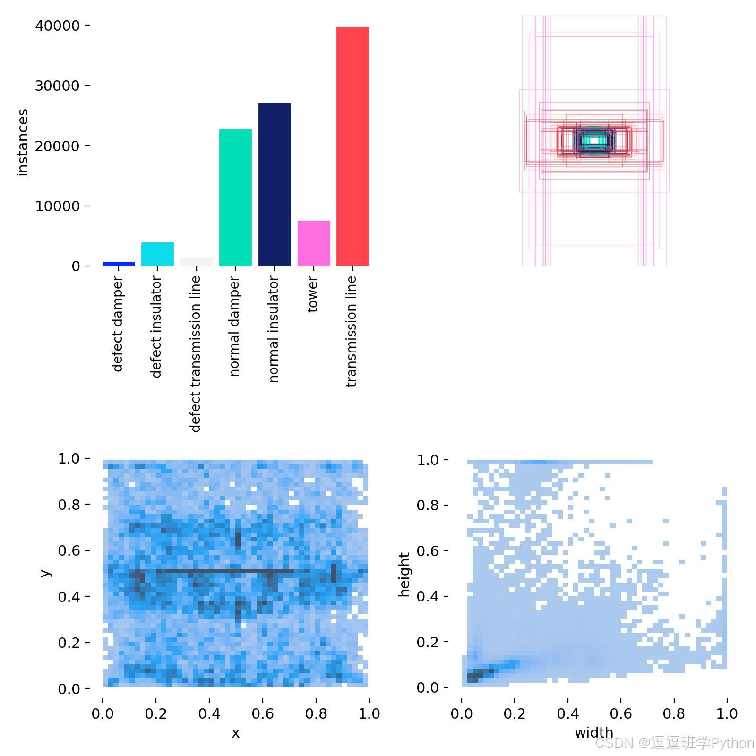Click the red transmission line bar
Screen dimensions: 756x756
pos(352,146)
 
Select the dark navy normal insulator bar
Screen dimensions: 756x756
pos(275,184)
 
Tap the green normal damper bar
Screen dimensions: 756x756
pos(235,198)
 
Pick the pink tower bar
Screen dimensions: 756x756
pos(314,243)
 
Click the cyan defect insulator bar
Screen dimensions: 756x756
pos(157,254)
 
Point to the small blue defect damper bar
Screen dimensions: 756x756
pos(119,264)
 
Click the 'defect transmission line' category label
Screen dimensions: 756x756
pos(196,354)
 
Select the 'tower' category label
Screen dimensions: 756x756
pos(312,294)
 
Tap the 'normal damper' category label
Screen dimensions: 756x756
pos(234,326)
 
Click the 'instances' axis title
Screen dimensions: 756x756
pos(22,142)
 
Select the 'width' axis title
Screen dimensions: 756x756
pos(594,732)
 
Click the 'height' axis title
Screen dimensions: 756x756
pos(404,575)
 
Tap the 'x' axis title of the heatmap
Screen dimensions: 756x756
pos(235,733)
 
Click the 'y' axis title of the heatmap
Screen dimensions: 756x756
pos(45,573)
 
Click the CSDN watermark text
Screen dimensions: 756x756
pos(674,743)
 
